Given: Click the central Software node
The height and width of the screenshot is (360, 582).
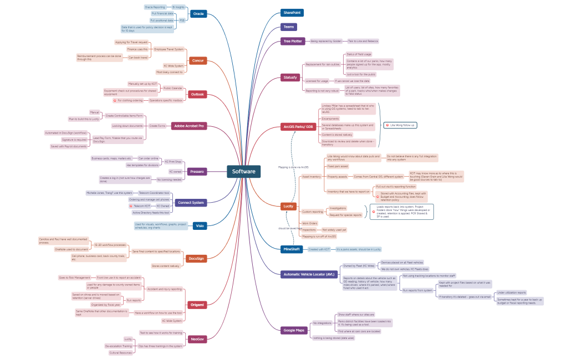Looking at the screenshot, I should click(x=243, y=172).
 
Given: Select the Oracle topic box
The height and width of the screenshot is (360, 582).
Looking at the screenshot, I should click(x=198, y=14).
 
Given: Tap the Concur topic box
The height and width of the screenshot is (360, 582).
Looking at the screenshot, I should click(x=198, y=60).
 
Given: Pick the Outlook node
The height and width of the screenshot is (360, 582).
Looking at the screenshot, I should click(x=197, y=94).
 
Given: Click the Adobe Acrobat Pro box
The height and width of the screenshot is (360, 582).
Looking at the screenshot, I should click(x=189, y=126).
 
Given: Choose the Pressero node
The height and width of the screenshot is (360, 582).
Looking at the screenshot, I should click(x=197, y=172).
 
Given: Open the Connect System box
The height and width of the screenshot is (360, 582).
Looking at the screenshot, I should click(x=191, y=203).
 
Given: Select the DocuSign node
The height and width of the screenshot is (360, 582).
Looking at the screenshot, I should click(x=196, y=259).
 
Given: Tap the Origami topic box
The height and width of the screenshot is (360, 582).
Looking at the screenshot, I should click(x=197, y=305).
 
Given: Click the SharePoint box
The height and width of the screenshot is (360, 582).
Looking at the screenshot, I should click(x=292, y=12).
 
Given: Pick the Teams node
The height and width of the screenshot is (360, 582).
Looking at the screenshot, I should click(x=289, y=27).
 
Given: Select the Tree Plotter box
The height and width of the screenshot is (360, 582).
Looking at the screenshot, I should click(x=293, y=41).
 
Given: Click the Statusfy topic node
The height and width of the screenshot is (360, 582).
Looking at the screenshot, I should click(x=290, y=77).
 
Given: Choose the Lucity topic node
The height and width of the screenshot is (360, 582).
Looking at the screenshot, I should click(x=289, y=206).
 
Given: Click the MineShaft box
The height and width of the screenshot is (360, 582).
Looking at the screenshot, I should click(x=291, y=249).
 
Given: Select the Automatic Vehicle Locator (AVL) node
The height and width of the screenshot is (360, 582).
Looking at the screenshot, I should click(x=308, y=274).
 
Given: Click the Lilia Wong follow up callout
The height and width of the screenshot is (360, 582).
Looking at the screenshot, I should click(x=400, y=125).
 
